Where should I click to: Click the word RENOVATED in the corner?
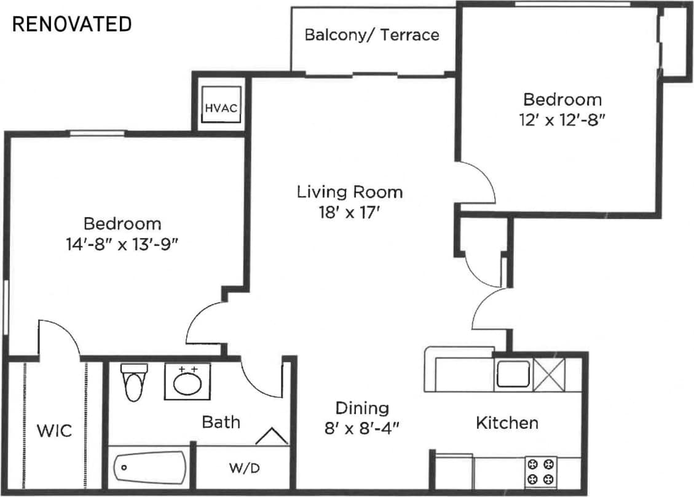click(72, 24)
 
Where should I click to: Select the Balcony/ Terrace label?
click(372, 34)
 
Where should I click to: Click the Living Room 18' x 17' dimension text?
click(350, 213)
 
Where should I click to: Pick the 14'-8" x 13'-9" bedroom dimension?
click(122, 245)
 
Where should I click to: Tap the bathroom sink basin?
click(187, 383)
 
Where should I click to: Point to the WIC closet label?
click(55, 431)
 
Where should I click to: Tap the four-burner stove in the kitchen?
click(541, 472)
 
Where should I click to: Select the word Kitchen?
click(507, 423)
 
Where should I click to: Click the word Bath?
click(221, 422)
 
